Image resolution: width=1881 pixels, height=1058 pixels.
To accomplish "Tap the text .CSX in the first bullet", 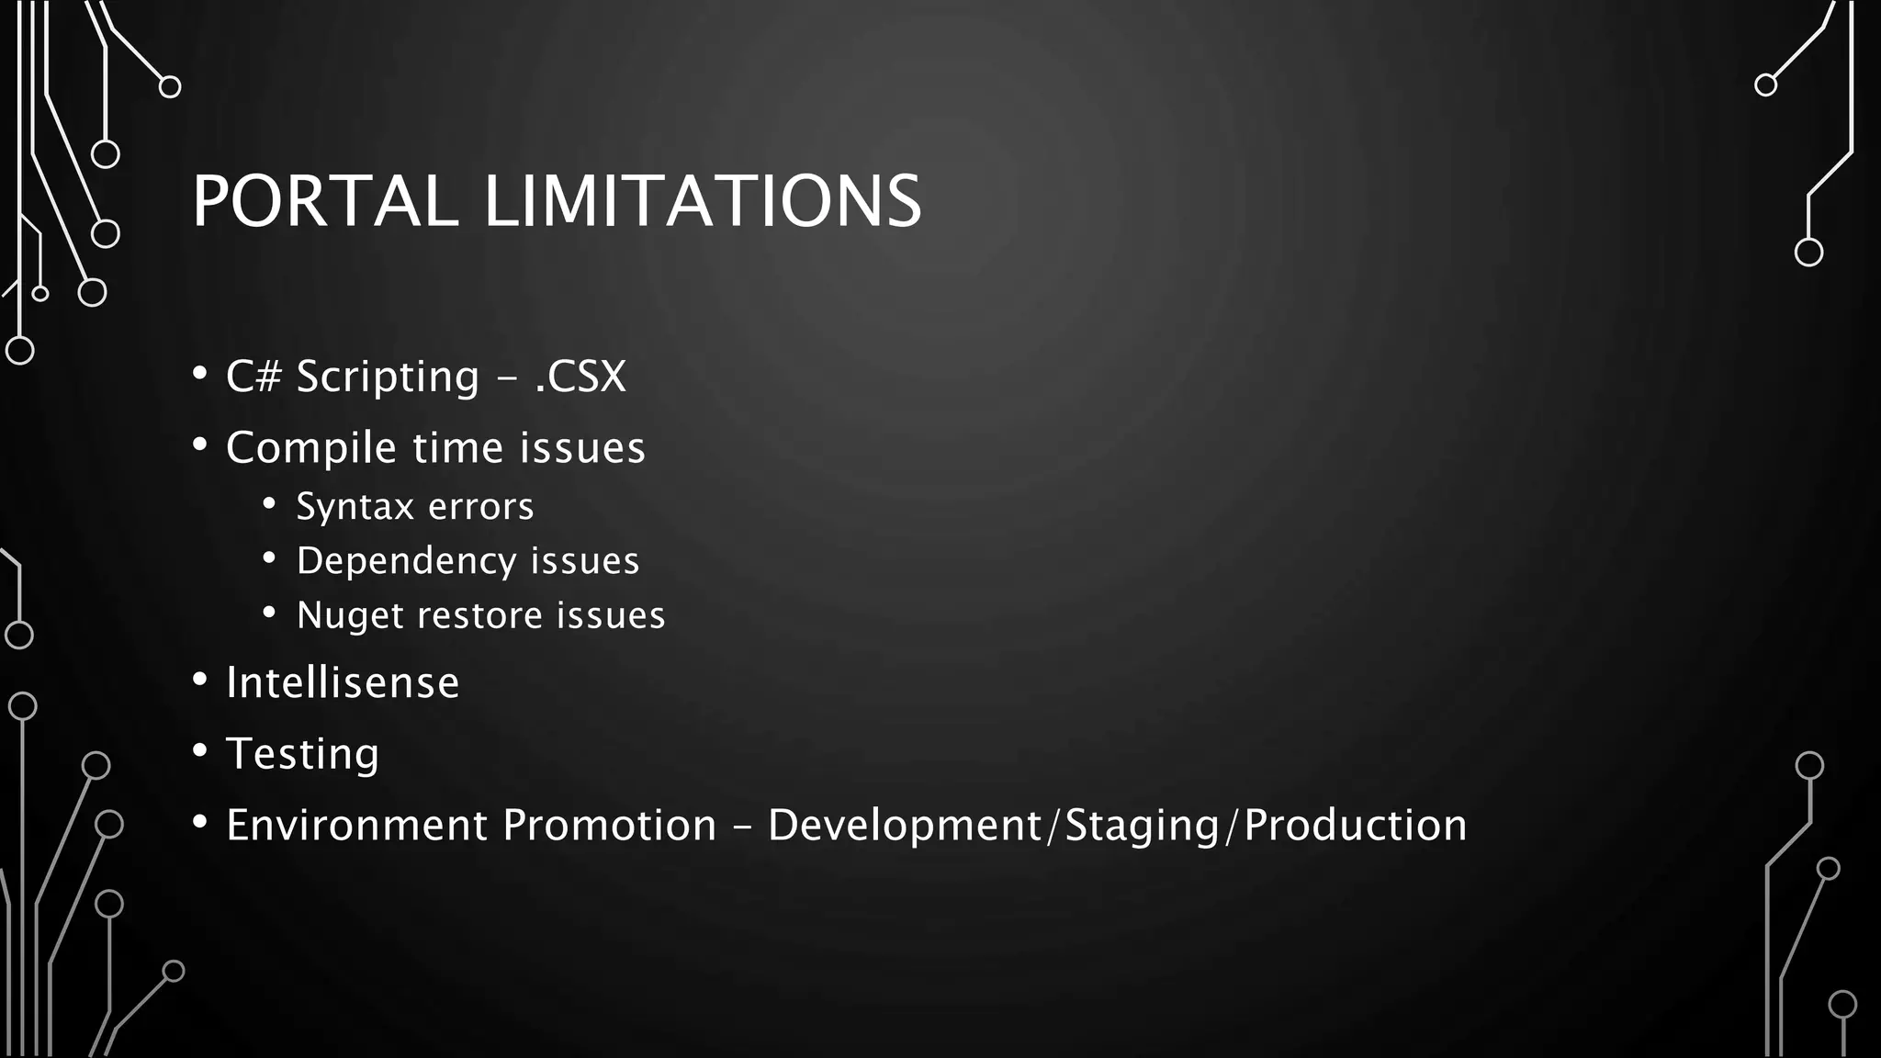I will (580, 377).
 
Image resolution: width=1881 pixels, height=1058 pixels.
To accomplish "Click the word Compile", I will (311, 449).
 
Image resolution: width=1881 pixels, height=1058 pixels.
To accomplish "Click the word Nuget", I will (350, 616).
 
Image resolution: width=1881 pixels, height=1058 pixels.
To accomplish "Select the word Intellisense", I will (343, 682).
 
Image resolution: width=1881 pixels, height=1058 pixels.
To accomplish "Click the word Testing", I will (302, 755).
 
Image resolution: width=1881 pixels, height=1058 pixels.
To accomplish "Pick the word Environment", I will (356, 825).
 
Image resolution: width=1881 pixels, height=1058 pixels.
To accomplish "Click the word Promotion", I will (609, 825).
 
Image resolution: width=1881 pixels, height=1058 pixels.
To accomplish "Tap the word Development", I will (905, 825).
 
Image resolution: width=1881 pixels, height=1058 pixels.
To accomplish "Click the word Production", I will (1356, 825).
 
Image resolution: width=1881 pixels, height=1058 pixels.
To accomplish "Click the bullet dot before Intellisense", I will (200, 680).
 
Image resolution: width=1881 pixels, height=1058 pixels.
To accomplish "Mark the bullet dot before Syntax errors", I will (269, 503).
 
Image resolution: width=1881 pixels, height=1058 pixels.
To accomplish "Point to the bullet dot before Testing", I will (200, 750).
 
